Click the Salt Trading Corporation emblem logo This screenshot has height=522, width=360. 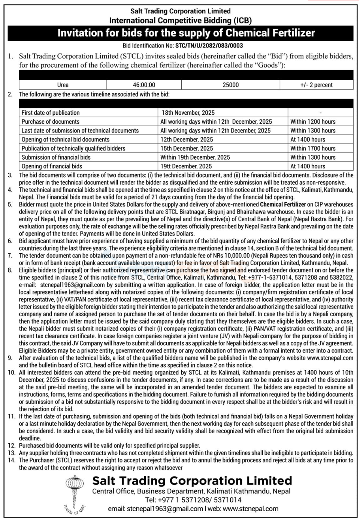(75, 494)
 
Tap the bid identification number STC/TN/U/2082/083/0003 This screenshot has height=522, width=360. (209, 46)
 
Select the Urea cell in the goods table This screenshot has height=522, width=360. (63, 85)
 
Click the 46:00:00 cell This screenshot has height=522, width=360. (144, 85)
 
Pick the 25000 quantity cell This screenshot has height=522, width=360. (230, 85)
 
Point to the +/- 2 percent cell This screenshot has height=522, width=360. (316, 85)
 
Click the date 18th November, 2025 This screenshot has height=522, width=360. (188, 113)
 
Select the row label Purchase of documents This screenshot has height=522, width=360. (51, 122)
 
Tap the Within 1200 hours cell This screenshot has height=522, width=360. (313, 122)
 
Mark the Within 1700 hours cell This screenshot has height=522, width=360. (313, 149)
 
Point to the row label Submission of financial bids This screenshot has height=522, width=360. (56, 158)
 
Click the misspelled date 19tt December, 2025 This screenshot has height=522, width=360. (186, 166)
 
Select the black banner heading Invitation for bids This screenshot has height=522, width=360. (186, 33)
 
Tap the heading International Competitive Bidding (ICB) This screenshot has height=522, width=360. (180, 21)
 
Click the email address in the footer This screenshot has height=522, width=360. (165, 509)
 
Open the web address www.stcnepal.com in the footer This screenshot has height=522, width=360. (251, 509)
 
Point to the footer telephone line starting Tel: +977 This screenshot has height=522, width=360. (193, 500)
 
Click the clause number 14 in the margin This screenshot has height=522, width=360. (12, 460)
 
